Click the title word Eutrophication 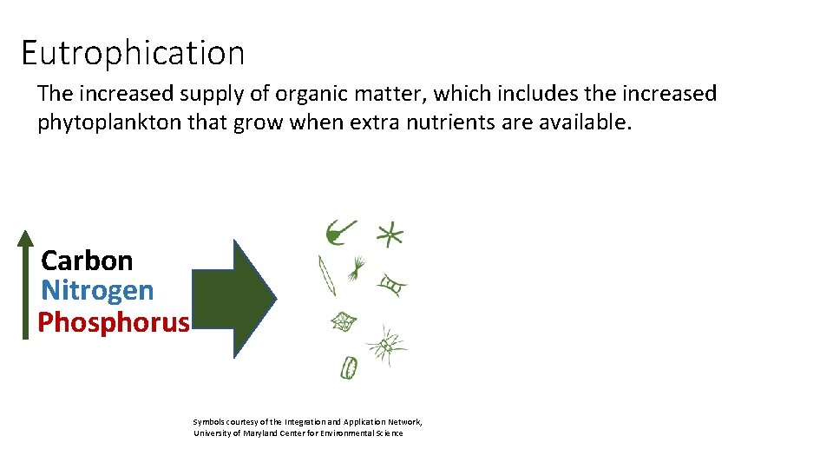133,53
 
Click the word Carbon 87,261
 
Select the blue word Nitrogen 97,290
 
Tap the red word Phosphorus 113,322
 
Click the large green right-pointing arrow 233,298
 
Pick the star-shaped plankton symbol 390,234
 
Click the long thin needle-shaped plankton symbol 327,275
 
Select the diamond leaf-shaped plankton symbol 344,322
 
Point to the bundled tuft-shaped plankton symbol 357,269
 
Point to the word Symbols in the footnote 209,421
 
